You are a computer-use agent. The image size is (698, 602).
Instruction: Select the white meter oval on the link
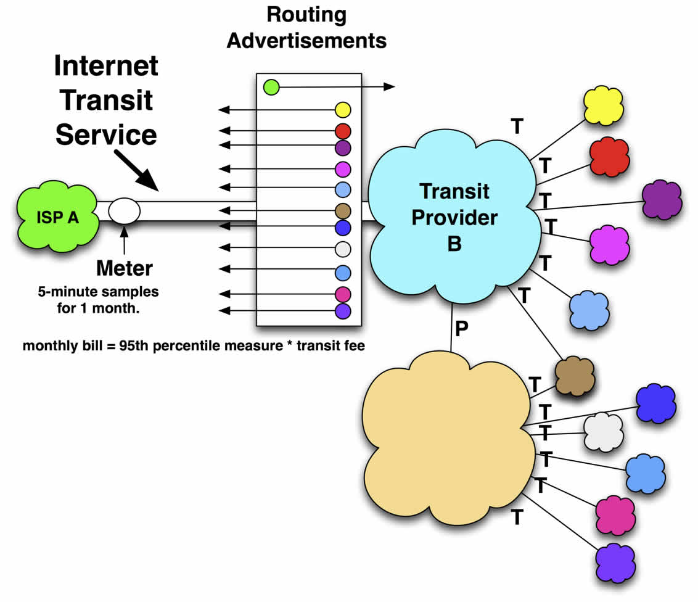point(124,210)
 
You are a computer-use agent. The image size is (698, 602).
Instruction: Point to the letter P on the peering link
point(461,329)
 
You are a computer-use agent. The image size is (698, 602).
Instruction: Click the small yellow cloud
point(604,105)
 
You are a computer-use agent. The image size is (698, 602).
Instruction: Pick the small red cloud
point(609,156)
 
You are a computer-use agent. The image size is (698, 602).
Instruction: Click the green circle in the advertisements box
point(271,87)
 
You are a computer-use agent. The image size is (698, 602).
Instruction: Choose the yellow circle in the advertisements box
point(343,110)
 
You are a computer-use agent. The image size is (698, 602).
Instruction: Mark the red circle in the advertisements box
point(343,131)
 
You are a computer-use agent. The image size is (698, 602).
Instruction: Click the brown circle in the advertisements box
point(343,211)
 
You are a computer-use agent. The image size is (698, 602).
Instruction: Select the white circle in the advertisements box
point(343,249)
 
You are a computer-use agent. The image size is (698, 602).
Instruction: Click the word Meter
point(125,268)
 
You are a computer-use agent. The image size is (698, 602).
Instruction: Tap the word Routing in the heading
point(306,15)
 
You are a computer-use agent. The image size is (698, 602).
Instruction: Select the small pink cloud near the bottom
point(615,513)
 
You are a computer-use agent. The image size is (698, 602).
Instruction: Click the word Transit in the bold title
point(107,100)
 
